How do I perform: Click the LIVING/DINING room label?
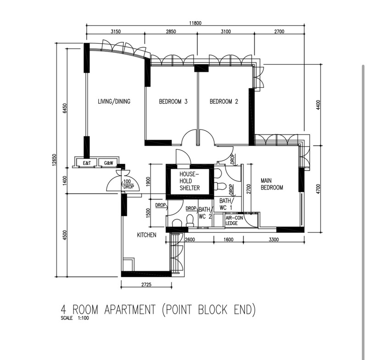coord(114,101)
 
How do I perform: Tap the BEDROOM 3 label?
coord(173,101)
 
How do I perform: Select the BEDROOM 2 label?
coord(224,101)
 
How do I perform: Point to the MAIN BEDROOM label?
coord(272,184)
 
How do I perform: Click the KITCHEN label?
coord(146,235)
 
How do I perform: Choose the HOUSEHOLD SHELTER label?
coord(189,181)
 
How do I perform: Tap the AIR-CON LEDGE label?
coord(234,220)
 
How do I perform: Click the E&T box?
coord(87,163)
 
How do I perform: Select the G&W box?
coord(108,163)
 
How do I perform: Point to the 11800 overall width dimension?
coord(195,23)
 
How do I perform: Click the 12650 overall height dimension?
coord(54,160)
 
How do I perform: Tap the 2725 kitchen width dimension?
coord(146,284)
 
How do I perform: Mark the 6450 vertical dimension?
coord(65,108)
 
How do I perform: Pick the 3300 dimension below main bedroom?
coord(273,239)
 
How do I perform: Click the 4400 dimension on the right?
coord(318,105)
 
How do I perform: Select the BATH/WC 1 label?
coord(226,204)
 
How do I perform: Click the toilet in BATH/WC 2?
coord(189,221)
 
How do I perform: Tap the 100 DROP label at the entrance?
coord(128,184)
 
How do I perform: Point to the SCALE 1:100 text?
coord(75,318)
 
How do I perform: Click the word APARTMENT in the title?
coord(130,309)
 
